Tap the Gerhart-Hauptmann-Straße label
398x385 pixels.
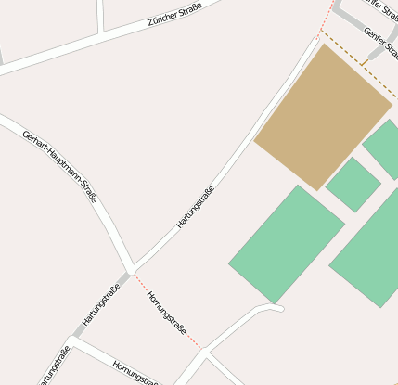pos(60,164)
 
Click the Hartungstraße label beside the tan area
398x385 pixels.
pos(196,207)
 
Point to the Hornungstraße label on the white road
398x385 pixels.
pos(135,371)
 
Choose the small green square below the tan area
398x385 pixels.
pos(353,184)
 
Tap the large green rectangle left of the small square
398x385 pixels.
pos(286,243)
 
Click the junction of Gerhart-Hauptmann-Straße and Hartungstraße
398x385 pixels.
pos(133,268)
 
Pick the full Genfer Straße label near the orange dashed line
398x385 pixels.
pos(381,47)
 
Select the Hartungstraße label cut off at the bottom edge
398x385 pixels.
pos(54,366)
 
